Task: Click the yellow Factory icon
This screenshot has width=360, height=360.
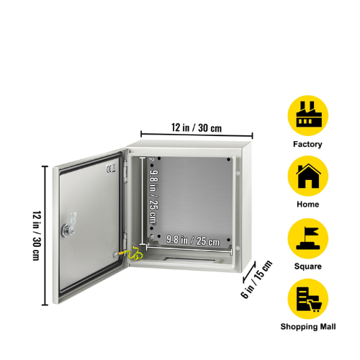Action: click(308, 115)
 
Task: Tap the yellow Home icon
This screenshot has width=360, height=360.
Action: click(308, 176)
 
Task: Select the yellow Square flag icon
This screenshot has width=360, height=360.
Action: click(308, 238)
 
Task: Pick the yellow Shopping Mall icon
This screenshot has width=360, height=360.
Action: click(308, 299)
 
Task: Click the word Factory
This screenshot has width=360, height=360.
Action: click(307, 144)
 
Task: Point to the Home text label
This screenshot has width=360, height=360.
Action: click(308, 204)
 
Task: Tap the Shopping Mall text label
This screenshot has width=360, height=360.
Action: click(308, 327)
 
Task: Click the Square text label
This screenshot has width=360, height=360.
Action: click(308, 266)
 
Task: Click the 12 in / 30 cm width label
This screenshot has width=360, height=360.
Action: click(197, 127)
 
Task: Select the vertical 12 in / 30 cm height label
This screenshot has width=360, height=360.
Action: click(37, 235)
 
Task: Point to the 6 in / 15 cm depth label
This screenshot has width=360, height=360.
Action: click(256, 279)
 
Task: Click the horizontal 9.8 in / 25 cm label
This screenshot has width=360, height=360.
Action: click(193, 240)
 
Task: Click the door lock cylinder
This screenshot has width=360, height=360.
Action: click(66, 230)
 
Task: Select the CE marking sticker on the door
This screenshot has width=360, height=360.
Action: click(111, 168)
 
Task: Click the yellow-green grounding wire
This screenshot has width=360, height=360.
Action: click(132, 254)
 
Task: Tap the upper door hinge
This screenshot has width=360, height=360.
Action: click(125, 171)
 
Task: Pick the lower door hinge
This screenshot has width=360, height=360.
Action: click(125, 241)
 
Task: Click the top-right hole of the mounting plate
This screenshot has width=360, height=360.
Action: click(228, 159)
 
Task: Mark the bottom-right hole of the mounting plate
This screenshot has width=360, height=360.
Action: click(228, 240)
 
